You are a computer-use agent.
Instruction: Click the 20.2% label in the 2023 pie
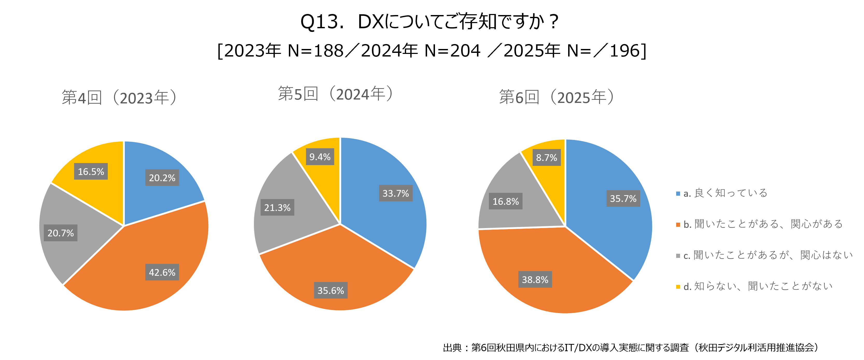coord(162,178)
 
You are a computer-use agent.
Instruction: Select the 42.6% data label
coord(162,272)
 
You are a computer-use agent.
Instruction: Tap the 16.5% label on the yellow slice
coord(91,171)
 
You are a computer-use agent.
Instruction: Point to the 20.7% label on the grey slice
coord(60,233)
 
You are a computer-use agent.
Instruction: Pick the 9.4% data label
coord(320,157)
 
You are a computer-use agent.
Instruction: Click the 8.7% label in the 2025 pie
coord(546,157)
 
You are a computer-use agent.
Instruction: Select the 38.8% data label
coord(535,279)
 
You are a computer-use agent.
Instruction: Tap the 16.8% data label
coord(505,201)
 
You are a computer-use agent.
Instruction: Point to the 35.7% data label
coord(623,198)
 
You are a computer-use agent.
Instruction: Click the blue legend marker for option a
coord(678,194)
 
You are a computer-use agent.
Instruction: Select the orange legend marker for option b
coord(678,224)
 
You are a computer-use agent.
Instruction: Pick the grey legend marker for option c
coord(678,256)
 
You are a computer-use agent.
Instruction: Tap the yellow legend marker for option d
coord(678,287)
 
